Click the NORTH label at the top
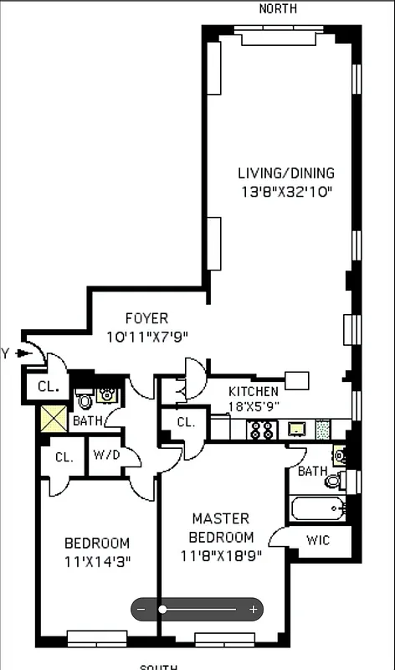coord(277,8)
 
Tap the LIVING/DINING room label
coord(285,173)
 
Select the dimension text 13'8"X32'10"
coord(285,192)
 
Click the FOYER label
coord(146,318)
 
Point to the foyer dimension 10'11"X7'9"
coord(147,337)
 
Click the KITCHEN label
coord(254,391)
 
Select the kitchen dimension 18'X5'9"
coord(254,406)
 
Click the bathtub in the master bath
coord(317,508)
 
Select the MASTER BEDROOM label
coord(221,528)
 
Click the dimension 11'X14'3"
coord(97,560)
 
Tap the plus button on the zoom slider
coord(254,610)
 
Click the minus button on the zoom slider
coord(141,610)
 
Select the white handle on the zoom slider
coord(162,610)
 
